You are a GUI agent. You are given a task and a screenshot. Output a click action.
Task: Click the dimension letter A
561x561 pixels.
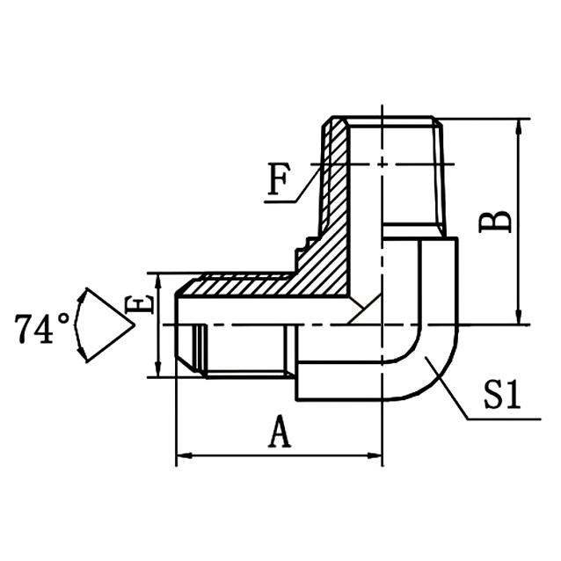(x=279, y=433)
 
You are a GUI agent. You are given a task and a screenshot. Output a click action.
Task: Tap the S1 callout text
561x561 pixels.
(x=502, y=397)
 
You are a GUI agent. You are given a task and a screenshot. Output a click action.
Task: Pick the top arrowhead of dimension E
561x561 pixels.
(x=157, y=279)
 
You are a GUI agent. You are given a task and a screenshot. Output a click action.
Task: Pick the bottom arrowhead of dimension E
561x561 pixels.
(x=157, y=373)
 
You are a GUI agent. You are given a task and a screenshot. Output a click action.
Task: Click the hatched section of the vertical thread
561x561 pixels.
(x=335, y=176)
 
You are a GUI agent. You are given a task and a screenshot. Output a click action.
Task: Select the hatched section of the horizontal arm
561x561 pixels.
(x=264, y=286)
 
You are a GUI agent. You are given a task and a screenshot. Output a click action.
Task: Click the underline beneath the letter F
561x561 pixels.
(x=281, y=202)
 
